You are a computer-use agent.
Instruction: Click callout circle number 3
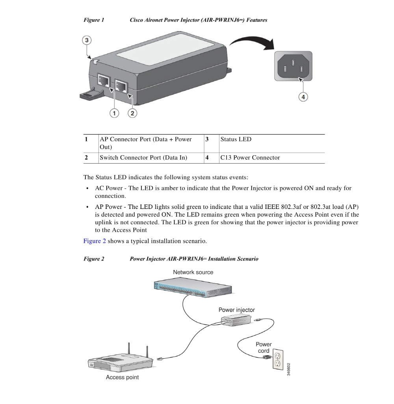click(87, 40)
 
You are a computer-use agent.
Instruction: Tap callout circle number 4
click(303, 97)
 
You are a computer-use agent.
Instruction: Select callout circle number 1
click(114, 114)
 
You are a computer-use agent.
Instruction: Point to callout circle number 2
click(132, 114)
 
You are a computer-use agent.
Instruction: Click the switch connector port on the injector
click(122, 86)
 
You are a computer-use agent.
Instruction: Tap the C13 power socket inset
click(293, 66)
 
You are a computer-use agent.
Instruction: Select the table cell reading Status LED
click(236, 140)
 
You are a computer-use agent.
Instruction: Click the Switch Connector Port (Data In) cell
click(143, 158)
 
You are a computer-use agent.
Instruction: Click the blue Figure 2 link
click(95, 241)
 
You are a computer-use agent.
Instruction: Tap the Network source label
click(193, 272)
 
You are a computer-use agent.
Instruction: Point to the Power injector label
click(236, 310)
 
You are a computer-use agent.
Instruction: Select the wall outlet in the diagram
click(278, 359)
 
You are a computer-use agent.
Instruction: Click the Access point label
click(122, 378)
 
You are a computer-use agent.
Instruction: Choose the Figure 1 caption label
click(94, 20)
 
